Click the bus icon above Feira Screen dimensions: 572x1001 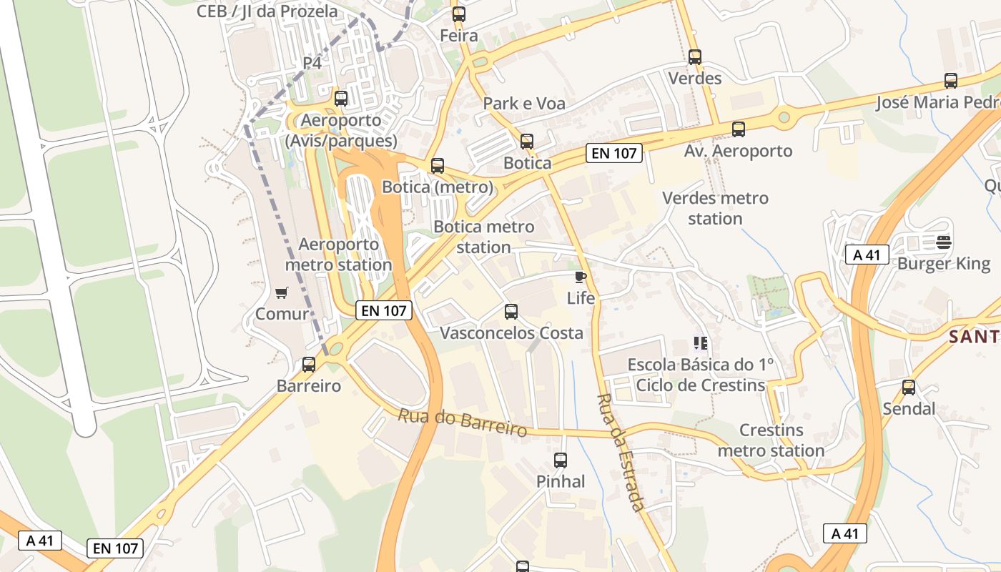(458, 14)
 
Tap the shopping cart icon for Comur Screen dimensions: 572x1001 (281, 292)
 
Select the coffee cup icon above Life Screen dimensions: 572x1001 (580, 277)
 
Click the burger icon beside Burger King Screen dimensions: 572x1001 (944, 242)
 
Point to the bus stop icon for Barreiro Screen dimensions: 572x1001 (309, 365)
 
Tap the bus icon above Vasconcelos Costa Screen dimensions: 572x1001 (511, 312)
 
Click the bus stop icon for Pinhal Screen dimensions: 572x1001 (561, 460)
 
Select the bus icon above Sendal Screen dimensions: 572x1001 (909, 388)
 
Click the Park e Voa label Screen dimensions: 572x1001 (524, 104)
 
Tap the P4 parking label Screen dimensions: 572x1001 (312, 63)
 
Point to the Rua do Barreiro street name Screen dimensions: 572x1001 (463, 422)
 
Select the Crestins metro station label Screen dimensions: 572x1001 (771, 440)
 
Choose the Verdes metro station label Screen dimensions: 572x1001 (715, 208)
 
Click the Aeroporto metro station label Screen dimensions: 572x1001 (339, 255)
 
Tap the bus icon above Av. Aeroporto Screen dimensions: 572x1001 (739, 129)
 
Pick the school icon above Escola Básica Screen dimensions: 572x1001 (700, 343)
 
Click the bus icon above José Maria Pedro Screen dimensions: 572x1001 (950, 81)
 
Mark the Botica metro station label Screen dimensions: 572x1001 (484, 237)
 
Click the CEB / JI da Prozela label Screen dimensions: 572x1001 (267, 11)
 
